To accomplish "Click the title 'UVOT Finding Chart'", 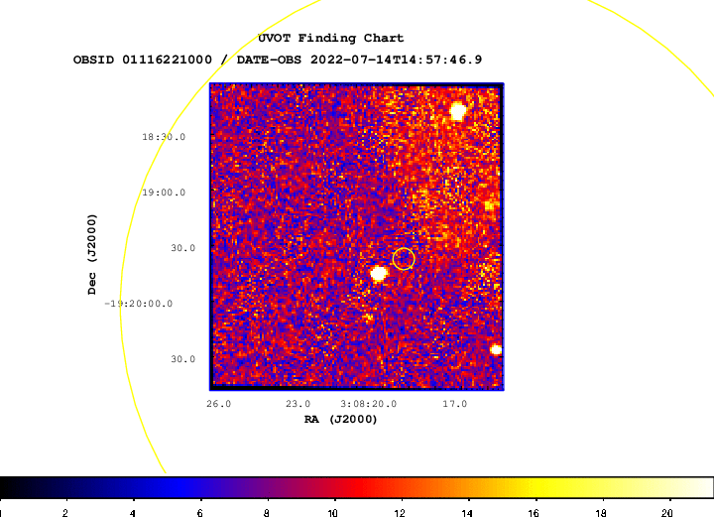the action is [330, 39].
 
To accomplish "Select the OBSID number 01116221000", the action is [167, 60].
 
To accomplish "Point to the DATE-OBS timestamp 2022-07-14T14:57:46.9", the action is [396, 60].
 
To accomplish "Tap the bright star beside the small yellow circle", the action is [379, 274].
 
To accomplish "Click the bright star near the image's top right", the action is [457, 111].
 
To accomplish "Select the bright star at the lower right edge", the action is [496, 350].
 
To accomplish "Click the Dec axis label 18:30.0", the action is [164, 137].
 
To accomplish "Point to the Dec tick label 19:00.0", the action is [164, 193].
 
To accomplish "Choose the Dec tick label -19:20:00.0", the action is [139, 304].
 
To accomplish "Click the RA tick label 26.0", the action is [218, 404].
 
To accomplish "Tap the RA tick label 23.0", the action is [297, 404].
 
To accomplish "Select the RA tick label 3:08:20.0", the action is [368, 404].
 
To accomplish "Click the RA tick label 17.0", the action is [455, 404].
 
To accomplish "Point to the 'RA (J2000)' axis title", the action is [340, 419].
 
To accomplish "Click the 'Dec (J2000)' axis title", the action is [92, 254].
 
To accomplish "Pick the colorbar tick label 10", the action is [333, 513].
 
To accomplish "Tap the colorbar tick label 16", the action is [534, 513].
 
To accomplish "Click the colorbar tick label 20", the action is [667, 513].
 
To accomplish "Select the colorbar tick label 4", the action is [133, 513].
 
